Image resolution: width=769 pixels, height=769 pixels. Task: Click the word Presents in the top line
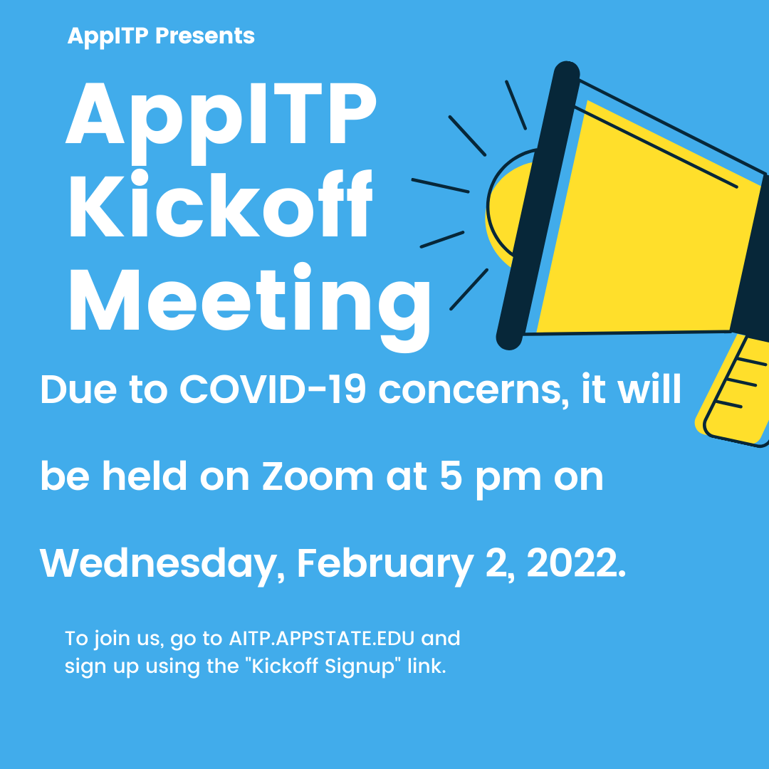pos(204,36)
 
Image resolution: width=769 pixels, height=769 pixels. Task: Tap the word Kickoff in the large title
pos(221,204)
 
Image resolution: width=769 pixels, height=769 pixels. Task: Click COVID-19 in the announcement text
pos(273,390)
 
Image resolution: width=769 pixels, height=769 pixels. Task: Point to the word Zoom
pos(318,476)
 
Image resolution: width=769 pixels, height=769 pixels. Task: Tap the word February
pos(385,565)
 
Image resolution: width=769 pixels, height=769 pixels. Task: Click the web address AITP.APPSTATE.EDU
pos(322,639)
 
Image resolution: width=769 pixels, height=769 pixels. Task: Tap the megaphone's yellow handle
pos(734,392)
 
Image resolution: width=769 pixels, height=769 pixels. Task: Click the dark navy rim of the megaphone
pos(538,206)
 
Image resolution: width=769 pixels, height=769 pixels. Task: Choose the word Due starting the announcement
pos(78,390)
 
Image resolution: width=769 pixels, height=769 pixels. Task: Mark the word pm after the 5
pos(508,479)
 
